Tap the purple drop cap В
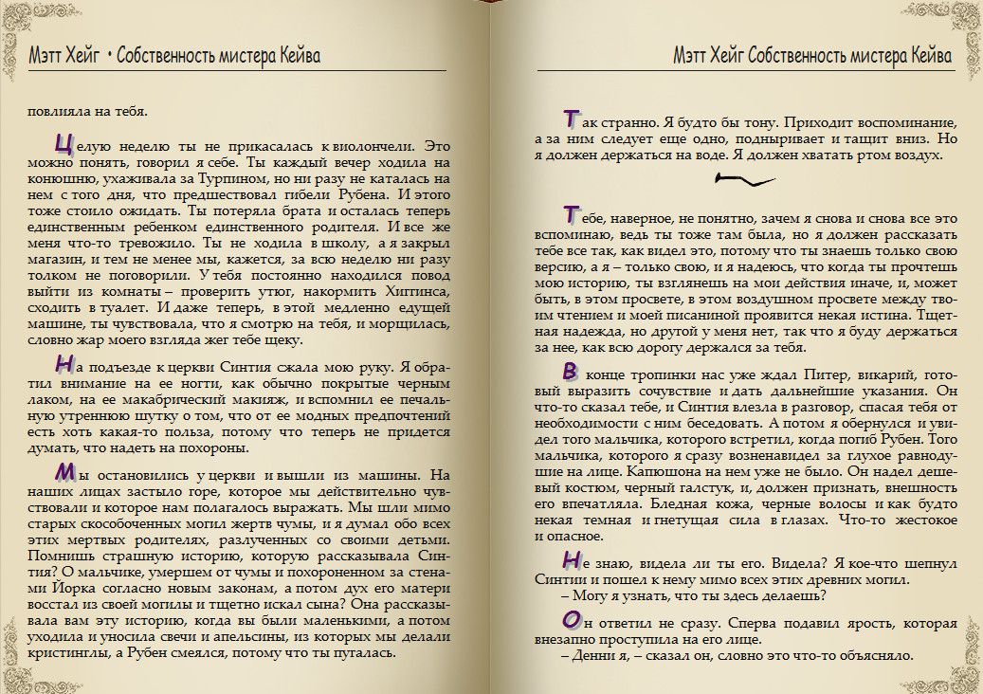tap(570, 370)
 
